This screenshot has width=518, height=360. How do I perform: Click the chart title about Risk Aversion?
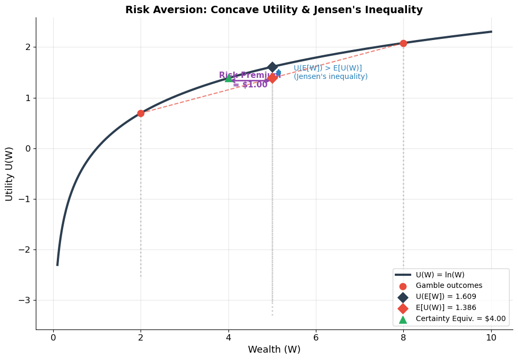click(274, 10)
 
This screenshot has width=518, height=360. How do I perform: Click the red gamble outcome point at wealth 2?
click(141, 113)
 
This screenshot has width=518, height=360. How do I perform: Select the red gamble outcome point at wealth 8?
click(403, 43)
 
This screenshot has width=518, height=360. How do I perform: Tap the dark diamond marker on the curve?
click(272, 67)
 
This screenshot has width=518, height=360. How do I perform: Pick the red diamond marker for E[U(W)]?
click(272, 78)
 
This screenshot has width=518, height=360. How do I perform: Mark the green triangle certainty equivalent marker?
click(228, 78)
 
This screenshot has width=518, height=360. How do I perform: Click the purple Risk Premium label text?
click(250, 75)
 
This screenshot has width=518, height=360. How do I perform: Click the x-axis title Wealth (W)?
click(274, 349)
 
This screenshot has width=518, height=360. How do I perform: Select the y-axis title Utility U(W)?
click(9, 174)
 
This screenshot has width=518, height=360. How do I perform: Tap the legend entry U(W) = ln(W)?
click(440, 275)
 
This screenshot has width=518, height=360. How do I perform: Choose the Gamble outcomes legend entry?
click(449, 286)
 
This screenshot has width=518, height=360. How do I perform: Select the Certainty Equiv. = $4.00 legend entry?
click(460, 319)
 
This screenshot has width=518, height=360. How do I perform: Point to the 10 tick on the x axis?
click(491, 337)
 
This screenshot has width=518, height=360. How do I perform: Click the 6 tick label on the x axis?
click(316, 337)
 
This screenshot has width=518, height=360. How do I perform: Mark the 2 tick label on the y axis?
click(28, 47)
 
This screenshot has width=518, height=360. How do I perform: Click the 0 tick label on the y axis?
click(28, 148)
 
